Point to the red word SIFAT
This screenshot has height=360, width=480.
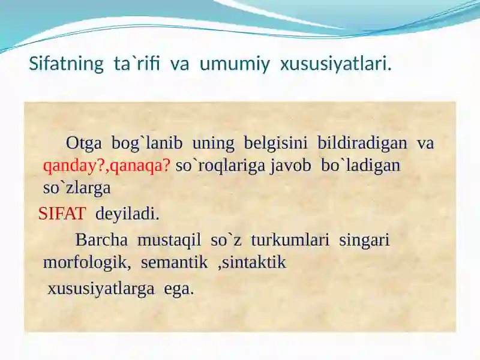[x=62, y=214]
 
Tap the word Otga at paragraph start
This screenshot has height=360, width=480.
[x=84, y=143]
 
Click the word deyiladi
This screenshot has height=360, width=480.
[x=127, y=214]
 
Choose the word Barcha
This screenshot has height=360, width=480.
[x=101, y=241]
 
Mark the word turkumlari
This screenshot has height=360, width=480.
[x=290, y=241]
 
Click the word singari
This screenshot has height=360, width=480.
[x=364, y=241]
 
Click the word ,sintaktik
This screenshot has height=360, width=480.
[x=252, y=263]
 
